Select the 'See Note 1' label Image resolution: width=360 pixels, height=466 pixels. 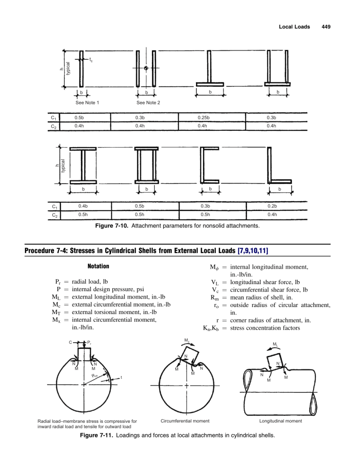[x=88, y=102]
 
